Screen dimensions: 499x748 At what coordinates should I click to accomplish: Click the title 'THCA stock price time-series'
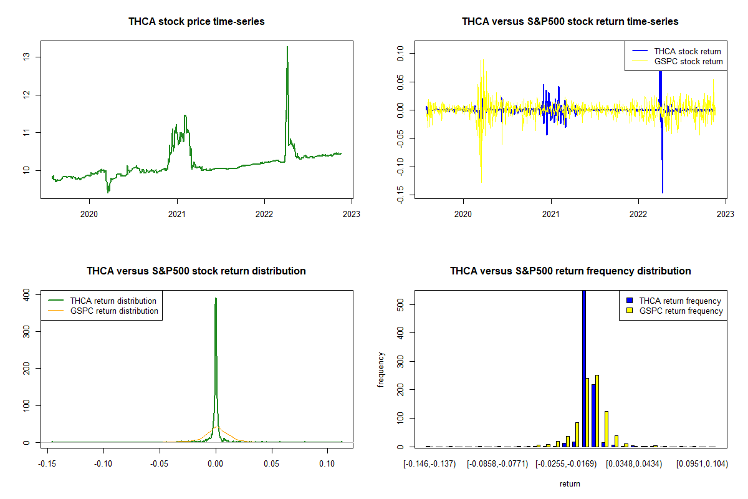pyautogui.click(x=196, y=22)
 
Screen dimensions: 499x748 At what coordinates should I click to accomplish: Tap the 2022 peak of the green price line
pyautogui.click(x=287, y=47)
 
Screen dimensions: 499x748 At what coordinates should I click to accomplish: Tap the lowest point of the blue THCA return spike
pyautogui.click(x=663, y=192)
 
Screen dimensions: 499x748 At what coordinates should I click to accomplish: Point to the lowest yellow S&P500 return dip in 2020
pyautogui.click(x=481, y=182)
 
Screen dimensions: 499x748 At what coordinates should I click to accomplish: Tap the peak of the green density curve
pyautogui.click(x=216, y=299)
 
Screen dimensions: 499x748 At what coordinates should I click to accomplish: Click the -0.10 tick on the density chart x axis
pyautogui.click(x=103, y=464)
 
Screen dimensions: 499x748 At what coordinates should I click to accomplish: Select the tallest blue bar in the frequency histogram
pyautogui.click(x=584, y=368)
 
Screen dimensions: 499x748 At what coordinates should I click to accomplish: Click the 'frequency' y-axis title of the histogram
pyautogui.click(x=381, y=369)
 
